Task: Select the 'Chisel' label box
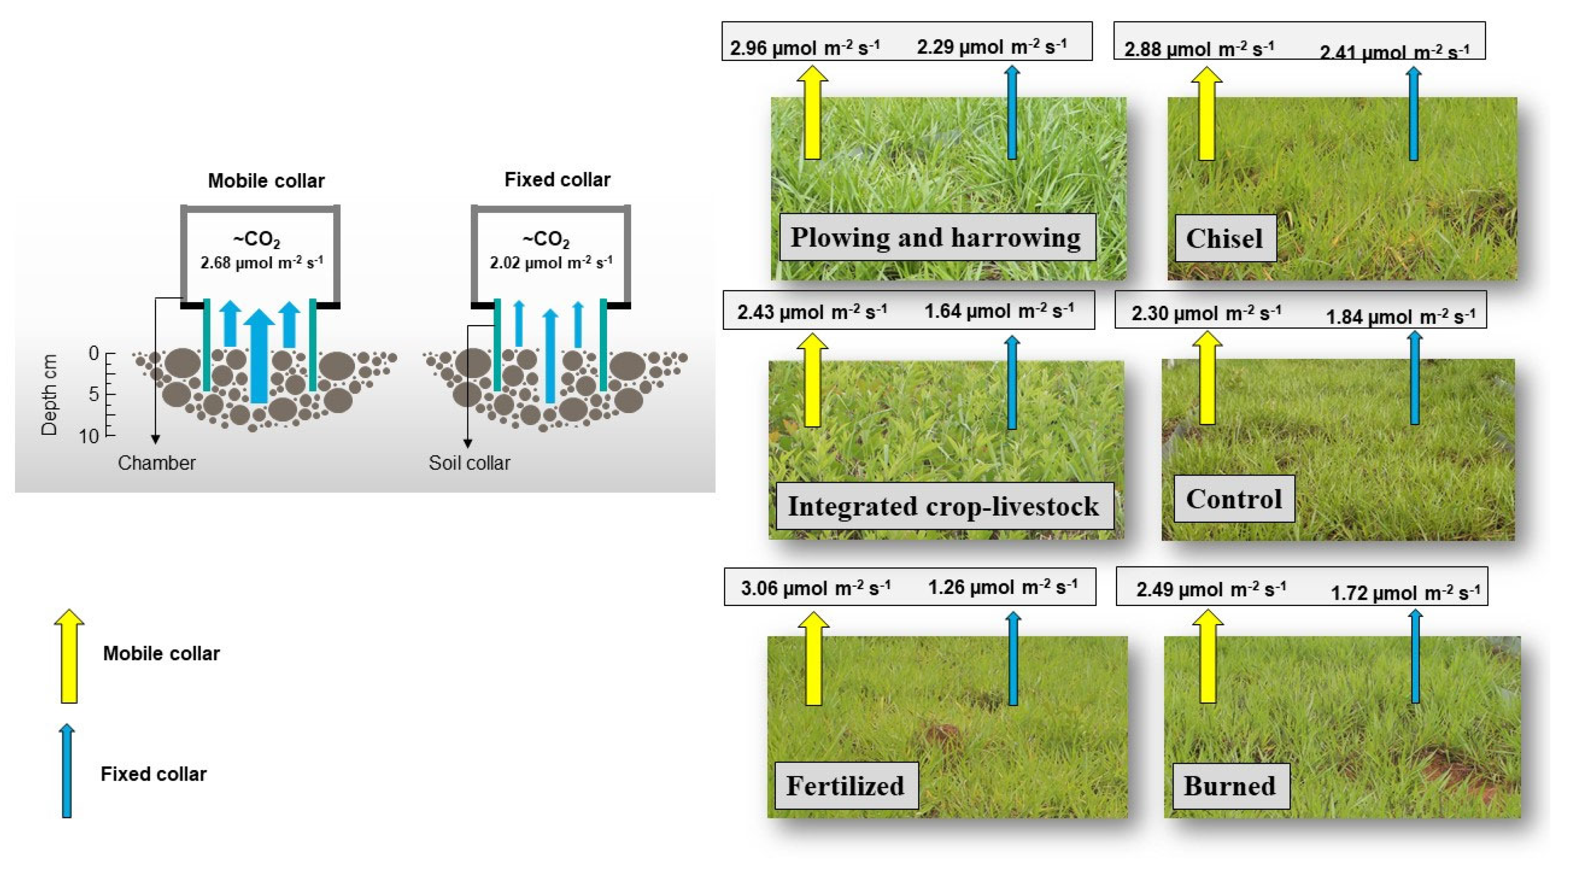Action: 1224,238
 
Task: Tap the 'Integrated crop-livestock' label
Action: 943,506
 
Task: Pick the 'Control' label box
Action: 1233,499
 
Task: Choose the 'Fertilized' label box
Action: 845,785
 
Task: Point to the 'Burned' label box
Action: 1230,785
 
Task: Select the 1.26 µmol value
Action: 1003,587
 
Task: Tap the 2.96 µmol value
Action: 805,47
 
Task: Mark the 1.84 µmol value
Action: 1401,317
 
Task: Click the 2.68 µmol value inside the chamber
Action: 261,263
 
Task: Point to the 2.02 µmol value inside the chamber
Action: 551,263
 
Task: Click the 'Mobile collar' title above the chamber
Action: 266,181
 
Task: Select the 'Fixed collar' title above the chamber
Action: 557,179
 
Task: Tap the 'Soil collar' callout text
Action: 469,463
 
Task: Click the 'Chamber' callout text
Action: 156,463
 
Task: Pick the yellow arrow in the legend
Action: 69,656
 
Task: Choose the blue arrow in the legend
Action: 67,771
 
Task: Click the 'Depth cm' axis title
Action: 49,394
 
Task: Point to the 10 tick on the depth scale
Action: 89,436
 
